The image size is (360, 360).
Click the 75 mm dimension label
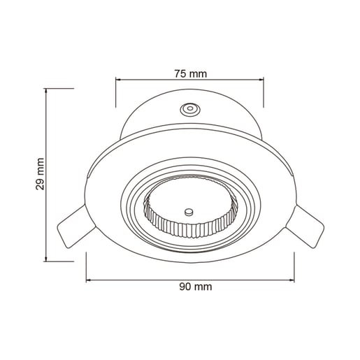point(191,74)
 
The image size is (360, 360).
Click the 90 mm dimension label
point(196,287)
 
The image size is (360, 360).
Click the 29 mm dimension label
point(40,174)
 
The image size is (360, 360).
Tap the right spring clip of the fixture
point(306,226)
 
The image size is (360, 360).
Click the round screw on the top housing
point(190,108)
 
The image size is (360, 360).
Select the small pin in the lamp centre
point(189,212)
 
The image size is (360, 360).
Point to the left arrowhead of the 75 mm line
point(118,80)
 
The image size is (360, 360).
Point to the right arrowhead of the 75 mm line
point(261,80)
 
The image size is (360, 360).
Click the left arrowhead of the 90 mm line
point(89,280)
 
